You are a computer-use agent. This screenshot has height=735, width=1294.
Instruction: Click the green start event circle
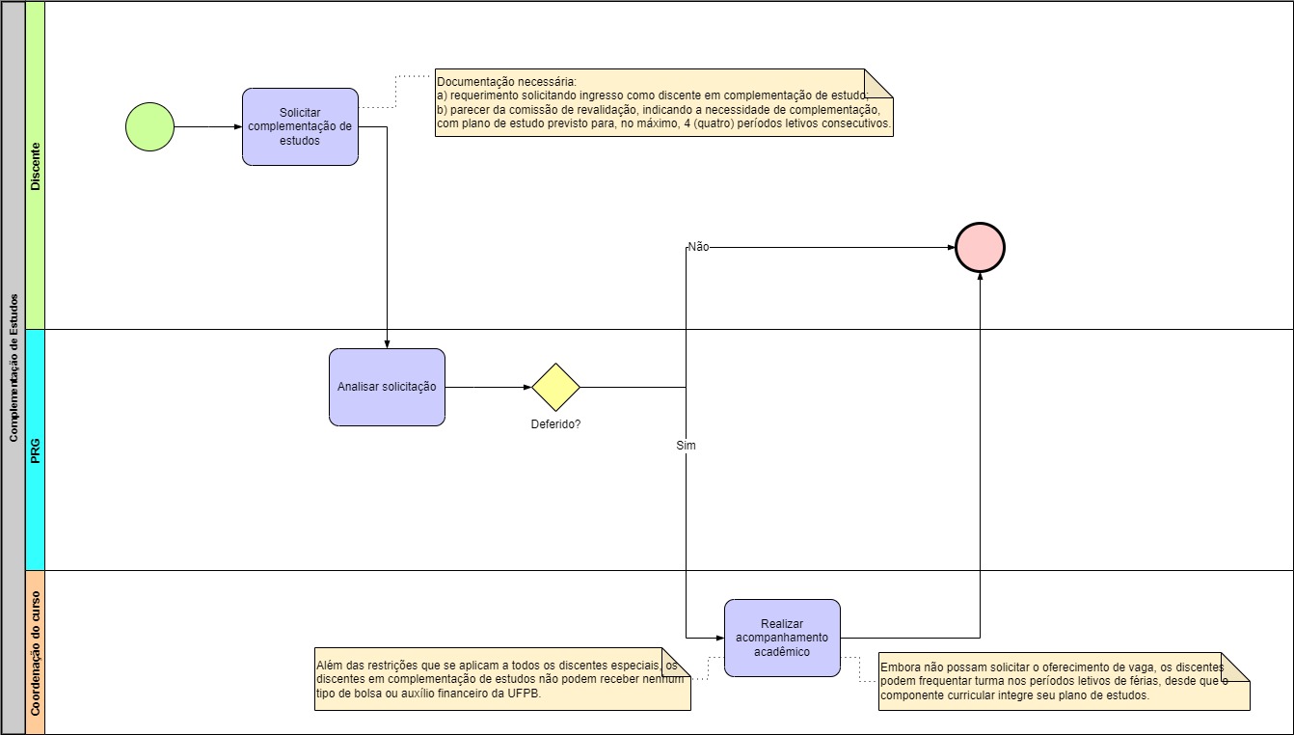(149, 126)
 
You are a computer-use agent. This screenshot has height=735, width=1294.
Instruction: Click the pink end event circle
(980, 247)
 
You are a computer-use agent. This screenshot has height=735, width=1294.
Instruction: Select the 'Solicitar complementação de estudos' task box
(300, 126)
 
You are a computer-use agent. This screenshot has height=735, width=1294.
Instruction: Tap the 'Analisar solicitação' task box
(387, 387)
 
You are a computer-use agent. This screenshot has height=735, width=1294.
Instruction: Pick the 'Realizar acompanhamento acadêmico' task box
(782, 638)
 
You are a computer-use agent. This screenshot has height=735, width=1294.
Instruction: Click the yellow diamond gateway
(555, 387)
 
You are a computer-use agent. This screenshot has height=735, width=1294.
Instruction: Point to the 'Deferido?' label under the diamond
(555, 423)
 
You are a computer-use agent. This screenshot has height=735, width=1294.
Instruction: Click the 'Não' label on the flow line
(698, 247)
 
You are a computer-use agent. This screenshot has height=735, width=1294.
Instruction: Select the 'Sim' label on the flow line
(686, 446)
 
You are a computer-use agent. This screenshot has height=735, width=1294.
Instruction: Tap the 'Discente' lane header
(36, 165)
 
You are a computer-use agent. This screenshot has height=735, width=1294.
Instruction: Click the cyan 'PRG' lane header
(36, 449)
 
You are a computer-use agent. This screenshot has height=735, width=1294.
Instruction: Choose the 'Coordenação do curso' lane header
(36, 652)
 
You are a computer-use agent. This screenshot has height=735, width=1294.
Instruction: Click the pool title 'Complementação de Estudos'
(13, 367)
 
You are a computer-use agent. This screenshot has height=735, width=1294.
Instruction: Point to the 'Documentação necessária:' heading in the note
(505, 81)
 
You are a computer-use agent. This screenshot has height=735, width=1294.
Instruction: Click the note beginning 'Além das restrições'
(502, 679)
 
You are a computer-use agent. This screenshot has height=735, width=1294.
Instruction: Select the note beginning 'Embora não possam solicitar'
(1061, 681)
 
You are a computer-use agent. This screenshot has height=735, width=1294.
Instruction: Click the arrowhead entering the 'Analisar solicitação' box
(387, 343)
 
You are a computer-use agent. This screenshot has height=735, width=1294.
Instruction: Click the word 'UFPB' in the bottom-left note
(521, 694)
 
